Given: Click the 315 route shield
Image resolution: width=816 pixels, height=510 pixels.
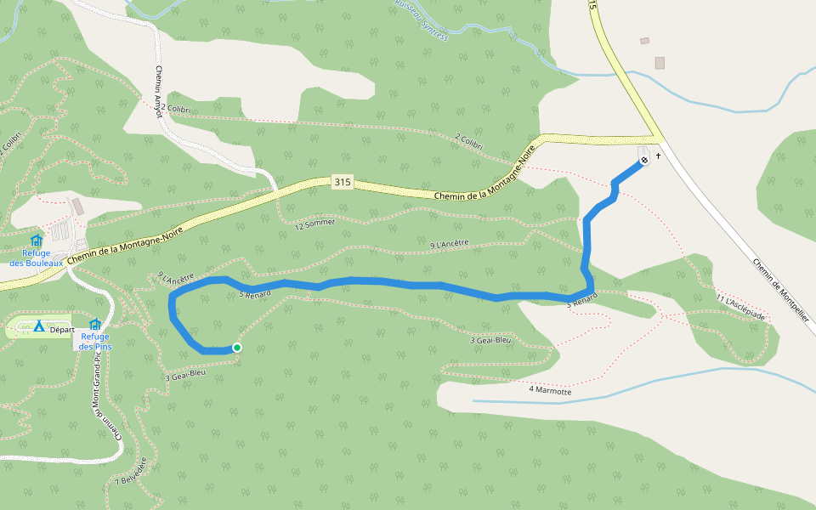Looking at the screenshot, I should point(343,183).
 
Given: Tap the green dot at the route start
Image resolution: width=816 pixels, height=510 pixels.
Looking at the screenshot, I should point(237,348).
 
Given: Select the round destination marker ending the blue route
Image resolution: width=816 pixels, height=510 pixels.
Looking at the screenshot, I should point(644,159).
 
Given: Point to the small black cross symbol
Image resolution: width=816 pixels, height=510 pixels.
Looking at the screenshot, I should point(658,156).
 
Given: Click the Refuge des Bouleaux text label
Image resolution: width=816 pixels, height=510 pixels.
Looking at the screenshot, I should point(37,258).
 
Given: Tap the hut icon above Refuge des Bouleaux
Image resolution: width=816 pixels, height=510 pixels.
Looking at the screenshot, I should point(37,241).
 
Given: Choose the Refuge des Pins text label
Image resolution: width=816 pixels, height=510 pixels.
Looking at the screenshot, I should point(94,341).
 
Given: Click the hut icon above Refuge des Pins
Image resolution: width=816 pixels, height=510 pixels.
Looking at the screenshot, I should point(94,324).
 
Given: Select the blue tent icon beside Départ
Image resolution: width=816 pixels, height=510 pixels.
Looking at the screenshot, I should point(39,326).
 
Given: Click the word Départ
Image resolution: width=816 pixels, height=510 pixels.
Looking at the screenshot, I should point(63,329).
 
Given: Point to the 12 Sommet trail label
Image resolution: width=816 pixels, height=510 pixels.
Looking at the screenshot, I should point(315,224).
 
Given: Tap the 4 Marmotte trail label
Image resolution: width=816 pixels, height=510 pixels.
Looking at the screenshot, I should point(550,390).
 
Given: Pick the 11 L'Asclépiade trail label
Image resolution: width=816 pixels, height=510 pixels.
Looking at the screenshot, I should point(741,309).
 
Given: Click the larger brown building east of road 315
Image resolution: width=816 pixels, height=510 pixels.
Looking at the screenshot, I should point(660,63).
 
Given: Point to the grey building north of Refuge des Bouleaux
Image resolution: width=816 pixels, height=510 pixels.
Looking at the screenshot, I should point(78,207).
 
